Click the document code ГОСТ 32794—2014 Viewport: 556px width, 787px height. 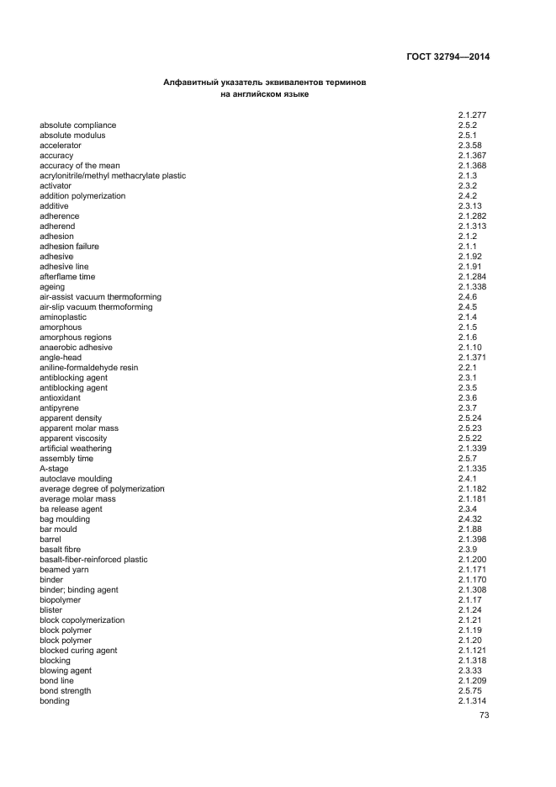tap(447, 57)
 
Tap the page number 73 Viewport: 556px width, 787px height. tap(484, 715)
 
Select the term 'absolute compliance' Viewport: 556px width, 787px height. tap(77, 125)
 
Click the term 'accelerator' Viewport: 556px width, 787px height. tap(60, 146)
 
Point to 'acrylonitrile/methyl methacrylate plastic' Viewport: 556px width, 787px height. tap(113, 176)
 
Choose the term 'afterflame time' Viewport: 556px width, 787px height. tap(67, 277)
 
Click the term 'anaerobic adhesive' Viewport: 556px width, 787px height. tap(76, 348)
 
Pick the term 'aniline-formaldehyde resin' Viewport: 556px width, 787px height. tap(88, 368)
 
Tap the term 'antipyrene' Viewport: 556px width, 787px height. tap(60, 408)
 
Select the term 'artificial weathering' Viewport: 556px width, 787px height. tap(75, 449)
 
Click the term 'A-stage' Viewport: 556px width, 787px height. tap(55, 469)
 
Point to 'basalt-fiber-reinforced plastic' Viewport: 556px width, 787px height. tap(93, 560)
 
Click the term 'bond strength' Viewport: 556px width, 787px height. tap(65, 691)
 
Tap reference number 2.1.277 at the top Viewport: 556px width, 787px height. tap(473, 115)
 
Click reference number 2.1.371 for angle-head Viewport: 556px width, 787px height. tap(473, 358)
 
